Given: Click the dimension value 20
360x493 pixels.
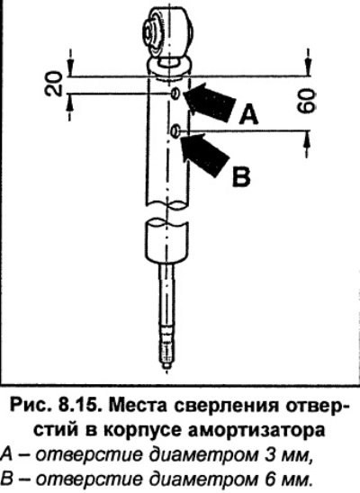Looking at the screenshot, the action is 53,84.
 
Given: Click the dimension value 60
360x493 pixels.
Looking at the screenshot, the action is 306,101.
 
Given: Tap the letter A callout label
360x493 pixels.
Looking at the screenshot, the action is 248,115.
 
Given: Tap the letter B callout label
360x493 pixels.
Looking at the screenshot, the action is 241,177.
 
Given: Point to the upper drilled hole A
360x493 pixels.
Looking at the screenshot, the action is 175,94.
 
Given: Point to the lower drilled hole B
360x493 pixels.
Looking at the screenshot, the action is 175,131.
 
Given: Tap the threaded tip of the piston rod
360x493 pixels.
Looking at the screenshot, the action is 166,349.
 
